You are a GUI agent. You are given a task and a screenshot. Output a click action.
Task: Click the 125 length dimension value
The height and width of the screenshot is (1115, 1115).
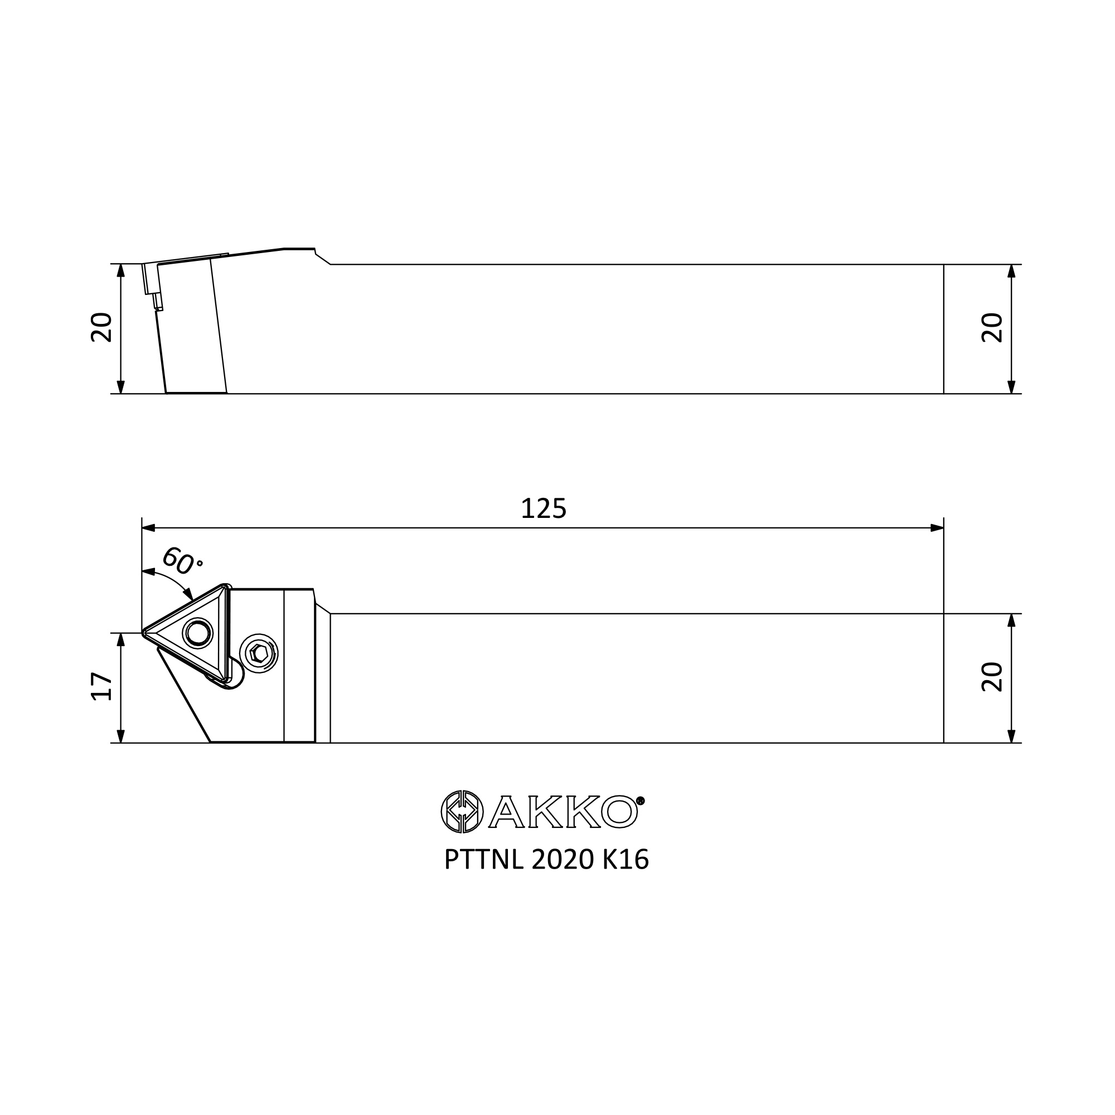544,508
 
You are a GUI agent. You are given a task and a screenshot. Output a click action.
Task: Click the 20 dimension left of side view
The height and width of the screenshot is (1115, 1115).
102,328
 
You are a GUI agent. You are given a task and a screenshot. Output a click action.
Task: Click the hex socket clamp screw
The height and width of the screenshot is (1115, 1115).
259,653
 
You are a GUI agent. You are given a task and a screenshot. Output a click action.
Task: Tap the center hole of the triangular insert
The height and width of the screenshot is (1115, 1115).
198,633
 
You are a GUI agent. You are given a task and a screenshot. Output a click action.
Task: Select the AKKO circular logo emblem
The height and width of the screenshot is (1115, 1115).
462,811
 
